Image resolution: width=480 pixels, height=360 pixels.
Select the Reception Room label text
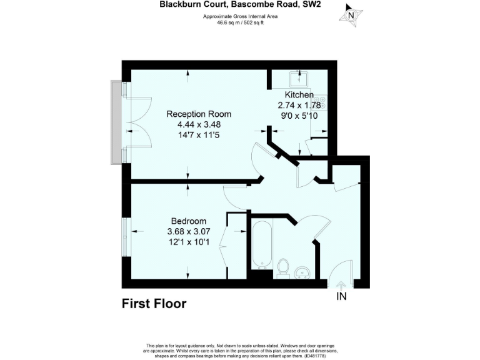coord(199,114)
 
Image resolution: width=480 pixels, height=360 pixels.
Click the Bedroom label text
coord(189,221)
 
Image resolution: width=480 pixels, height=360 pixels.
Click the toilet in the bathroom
coord(282,266)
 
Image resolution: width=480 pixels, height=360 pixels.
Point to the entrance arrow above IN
coord(341,285)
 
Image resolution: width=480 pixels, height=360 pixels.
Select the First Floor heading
coord(154,304)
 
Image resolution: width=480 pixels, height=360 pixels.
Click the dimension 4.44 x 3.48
coord(199,125)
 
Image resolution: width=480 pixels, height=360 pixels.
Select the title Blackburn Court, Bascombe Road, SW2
coord(239,4)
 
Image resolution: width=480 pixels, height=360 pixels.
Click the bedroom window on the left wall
coord(126,235)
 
